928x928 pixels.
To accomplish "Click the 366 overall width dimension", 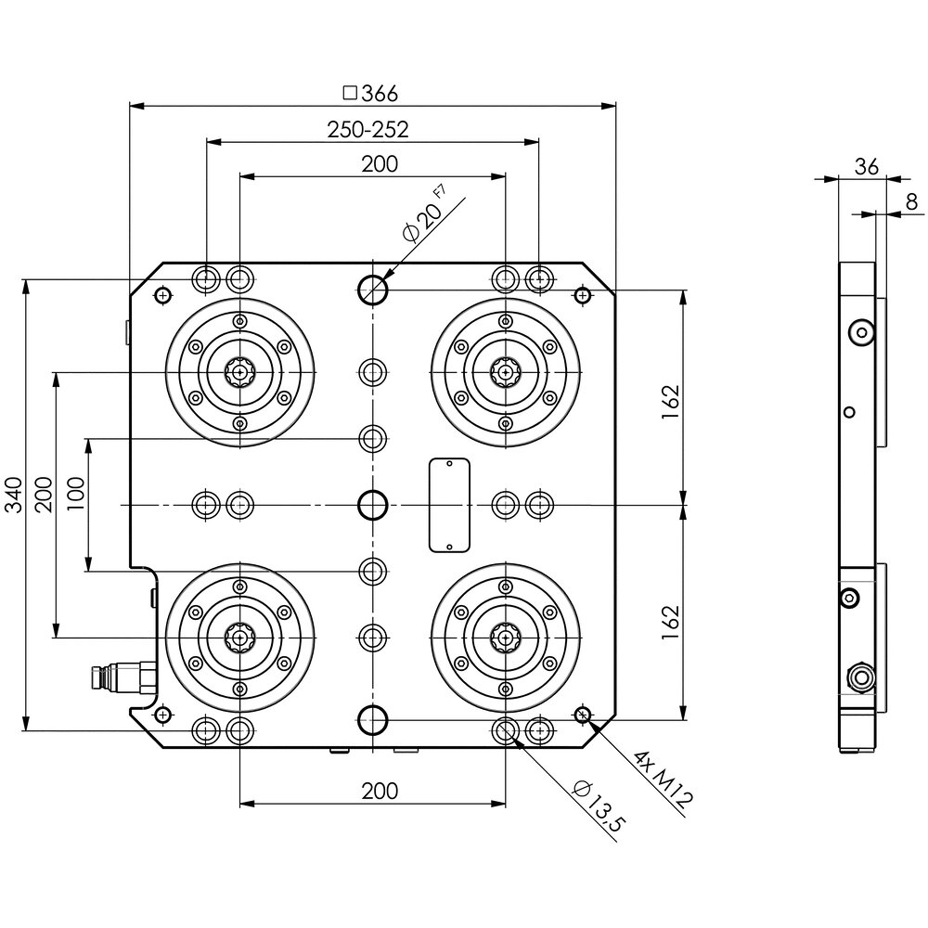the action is click(x=371, y=94).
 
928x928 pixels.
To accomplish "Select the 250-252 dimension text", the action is click(x=367, y=130).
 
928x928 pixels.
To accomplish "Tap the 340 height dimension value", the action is click(x=13, y=495).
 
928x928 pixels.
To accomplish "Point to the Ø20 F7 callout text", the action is click(x=424, y=214).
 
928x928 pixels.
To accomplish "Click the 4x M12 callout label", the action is click(x=663, y=780).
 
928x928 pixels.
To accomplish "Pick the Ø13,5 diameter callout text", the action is click(x=599, y=806).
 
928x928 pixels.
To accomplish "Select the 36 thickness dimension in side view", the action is click(x=867, y=167).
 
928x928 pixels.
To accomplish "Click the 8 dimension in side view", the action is click(x=911, y=201).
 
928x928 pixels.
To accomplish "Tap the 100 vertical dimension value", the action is click(x=76, y=494).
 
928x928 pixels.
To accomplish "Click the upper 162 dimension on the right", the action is click(x=671, y=403).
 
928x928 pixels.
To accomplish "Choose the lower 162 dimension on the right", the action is click(x=671, y=622).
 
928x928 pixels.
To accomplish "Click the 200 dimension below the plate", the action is click(x=380, y=791).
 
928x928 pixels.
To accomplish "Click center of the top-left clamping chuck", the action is click(x=239, y=372).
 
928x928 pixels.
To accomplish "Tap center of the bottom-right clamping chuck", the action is click(x=506, y=638).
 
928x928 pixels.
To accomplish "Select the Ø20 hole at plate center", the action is click(x=373, y=506).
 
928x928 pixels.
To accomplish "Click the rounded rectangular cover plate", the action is click(x=450, y=506).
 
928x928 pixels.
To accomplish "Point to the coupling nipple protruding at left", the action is click(x=122, y=678).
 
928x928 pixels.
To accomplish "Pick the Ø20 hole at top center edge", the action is click(x=373, y=290).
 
